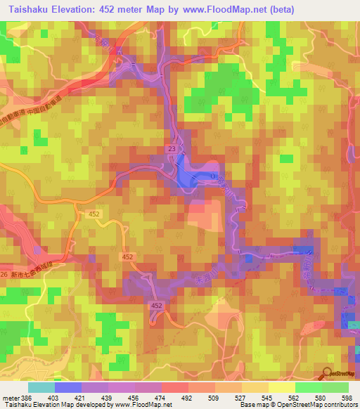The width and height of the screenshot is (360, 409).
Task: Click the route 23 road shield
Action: click(172, 149)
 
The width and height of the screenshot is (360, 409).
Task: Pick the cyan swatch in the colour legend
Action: click(41, 387)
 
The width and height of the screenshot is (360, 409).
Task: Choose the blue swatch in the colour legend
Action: click(68, 387)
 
